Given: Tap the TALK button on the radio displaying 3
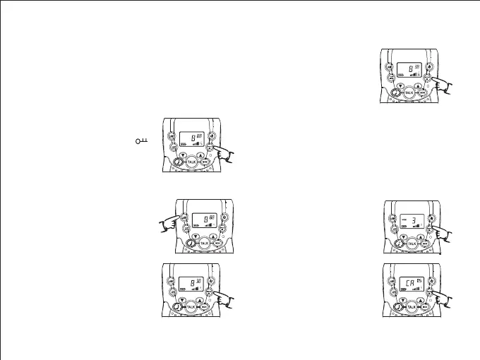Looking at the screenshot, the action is [x=412, y=242].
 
